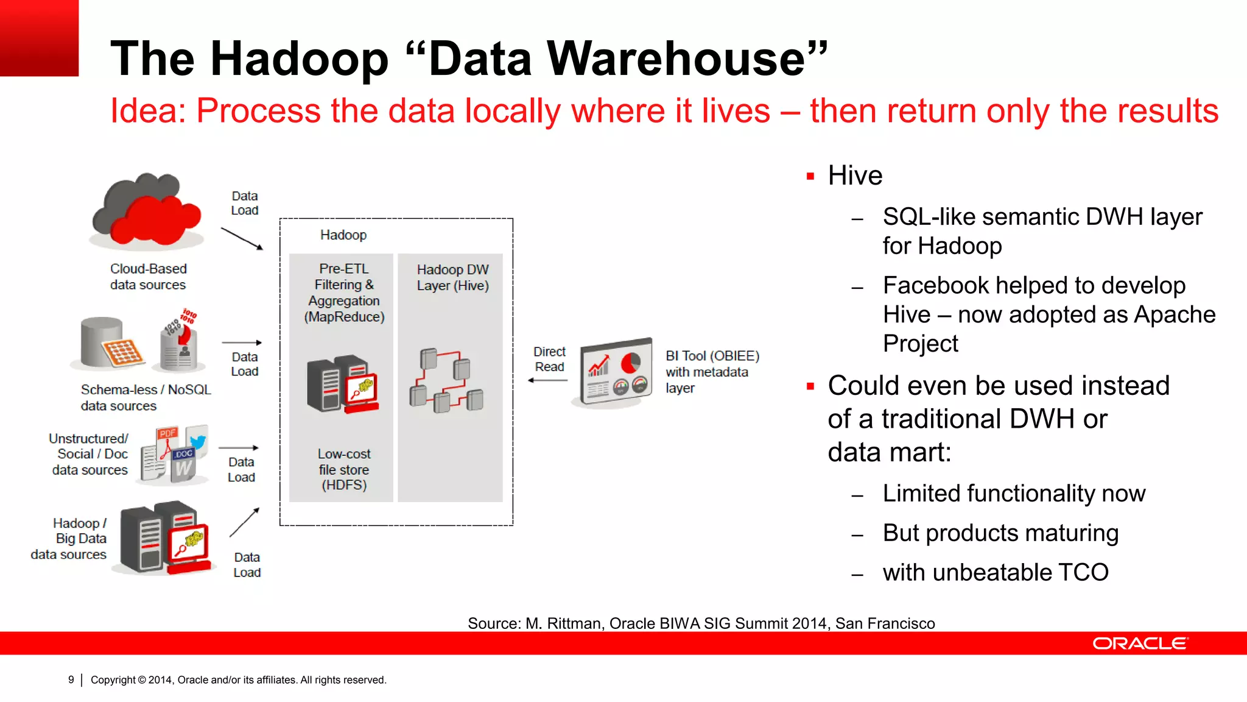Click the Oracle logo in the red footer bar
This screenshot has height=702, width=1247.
(x=1140, y=643)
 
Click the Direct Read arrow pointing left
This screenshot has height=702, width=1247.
(x=548, y=380)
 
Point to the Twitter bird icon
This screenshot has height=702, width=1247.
(x=197, y=441)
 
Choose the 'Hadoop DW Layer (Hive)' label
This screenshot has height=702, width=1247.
(x=452, y=277)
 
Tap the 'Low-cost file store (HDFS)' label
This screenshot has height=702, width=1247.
(x=344, y=469)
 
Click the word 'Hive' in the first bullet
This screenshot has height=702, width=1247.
(x=855, y=176)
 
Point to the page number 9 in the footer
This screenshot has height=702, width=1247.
(x=71, y=679)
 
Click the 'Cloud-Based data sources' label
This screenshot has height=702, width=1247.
(x=148, y=277)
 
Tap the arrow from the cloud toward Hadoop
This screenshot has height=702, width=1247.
(x=242, y=238)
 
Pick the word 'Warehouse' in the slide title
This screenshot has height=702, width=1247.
(x=676, y=58)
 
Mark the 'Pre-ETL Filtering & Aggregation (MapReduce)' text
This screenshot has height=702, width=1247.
(x=344, y=292)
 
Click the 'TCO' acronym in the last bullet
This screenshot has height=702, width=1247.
(x=1083, y=573)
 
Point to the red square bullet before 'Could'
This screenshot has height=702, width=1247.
(x=810, y=386)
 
